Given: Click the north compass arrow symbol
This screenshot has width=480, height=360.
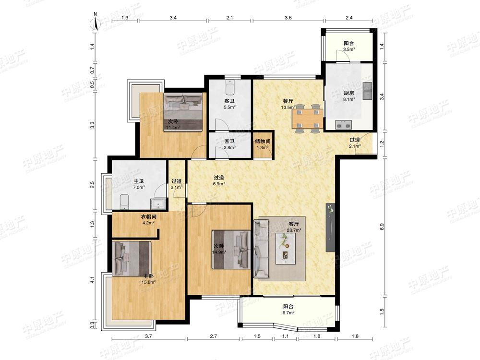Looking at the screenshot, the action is [96, 23].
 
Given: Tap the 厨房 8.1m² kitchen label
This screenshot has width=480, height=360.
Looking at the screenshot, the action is [348, 96].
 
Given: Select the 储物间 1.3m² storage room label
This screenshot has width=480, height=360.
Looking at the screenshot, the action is [263, 144].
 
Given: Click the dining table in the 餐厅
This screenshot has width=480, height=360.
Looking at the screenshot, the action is [308, 119].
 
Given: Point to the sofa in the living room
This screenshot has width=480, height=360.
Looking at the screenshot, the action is [261, 249].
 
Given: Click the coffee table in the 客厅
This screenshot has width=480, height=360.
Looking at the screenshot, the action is [286, 249].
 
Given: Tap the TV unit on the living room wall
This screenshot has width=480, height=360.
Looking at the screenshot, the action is [330, 228].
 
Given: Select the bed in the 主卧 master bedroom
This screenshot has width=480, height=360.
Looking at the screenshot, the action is [132, 259].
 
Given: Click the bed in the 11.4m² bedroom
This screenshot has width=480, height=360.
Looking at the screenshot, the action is [183, 112].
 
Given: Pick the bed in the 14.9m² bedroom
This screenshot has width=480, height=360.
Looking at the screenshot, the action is [231, 250].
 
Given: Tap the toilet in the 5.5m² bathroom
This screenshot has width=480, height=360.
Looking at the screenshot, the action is [229, 87].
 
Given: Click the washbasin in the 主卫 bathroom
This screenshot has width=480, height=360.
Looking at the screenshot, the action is [158, 204].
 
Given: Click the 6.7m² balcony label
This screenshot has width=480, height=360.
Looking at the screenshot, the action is [288, 309].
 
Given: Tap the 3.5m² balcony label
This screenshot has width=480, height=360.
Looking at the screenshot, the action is [348, 46].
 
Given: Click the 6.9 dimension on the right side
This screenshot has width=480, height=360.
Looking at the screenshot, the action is [382, 227].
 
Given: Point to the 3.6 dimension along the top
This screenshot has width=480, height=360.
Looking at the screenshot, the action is [288, 18].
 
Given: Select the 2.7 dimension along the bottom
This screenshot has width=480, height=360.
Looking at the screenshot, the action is [214, 336].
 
